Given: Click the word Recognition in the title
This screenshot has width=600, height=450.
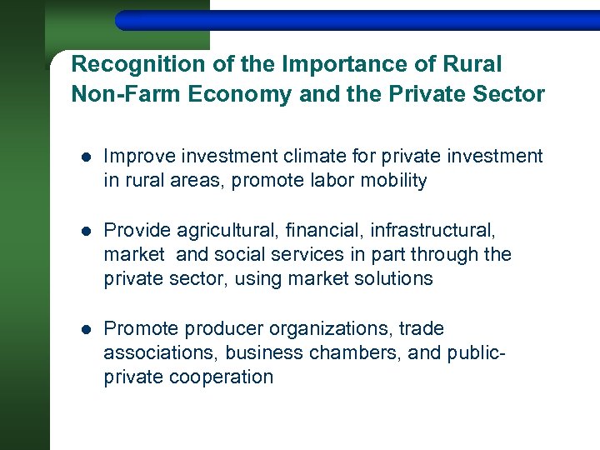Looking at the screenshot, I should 127,65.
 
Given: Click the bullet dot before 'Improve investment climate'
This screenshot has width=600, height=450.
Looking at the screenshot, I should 86,157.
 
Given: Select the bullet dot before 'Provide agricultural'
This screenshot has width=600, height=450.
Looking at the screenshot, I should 86,230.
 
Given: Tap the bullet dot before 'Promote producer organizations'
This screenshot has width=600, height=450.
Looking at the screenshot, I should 86,329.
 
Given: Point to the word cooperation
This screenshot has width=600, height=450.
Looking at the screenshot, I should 221,377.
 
